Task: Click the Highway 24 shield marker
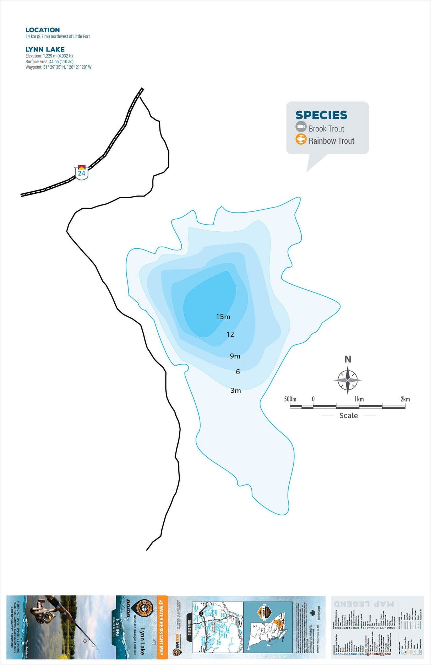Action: tap(82, 172)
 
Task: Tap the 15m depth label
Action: tap(223, 316)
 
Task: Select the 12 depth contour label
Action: tap(230, 334)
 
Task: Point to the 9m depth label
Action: tap(235, 356)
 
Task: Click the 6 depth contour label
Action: tap(238, 372)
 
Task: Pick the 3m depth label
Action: tap(236, 390)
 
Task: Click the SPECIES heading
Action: tap(321, 115)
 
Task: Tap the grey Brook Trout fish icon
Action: tap(301, 127)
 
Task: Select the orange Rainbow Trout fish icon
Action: tap(301, 139)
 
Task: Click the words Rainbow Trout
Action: tap(331, 141)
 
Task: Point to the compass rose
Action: tap(348, 380)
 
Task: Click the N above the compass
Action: tap(348, 359)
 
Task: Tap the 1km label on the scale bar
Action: tap(359, 399)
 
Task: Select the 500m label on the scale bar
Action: tap(290, 399)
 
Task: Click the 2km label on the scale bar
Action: tap(405, 399)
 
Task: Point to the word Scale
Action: tap(348, 415)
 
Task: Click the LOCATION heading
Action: tap(43, 30)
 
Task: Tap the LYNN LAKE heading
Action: tap(45, 49)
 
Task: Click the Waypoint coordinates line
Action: tap(58, 67)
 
